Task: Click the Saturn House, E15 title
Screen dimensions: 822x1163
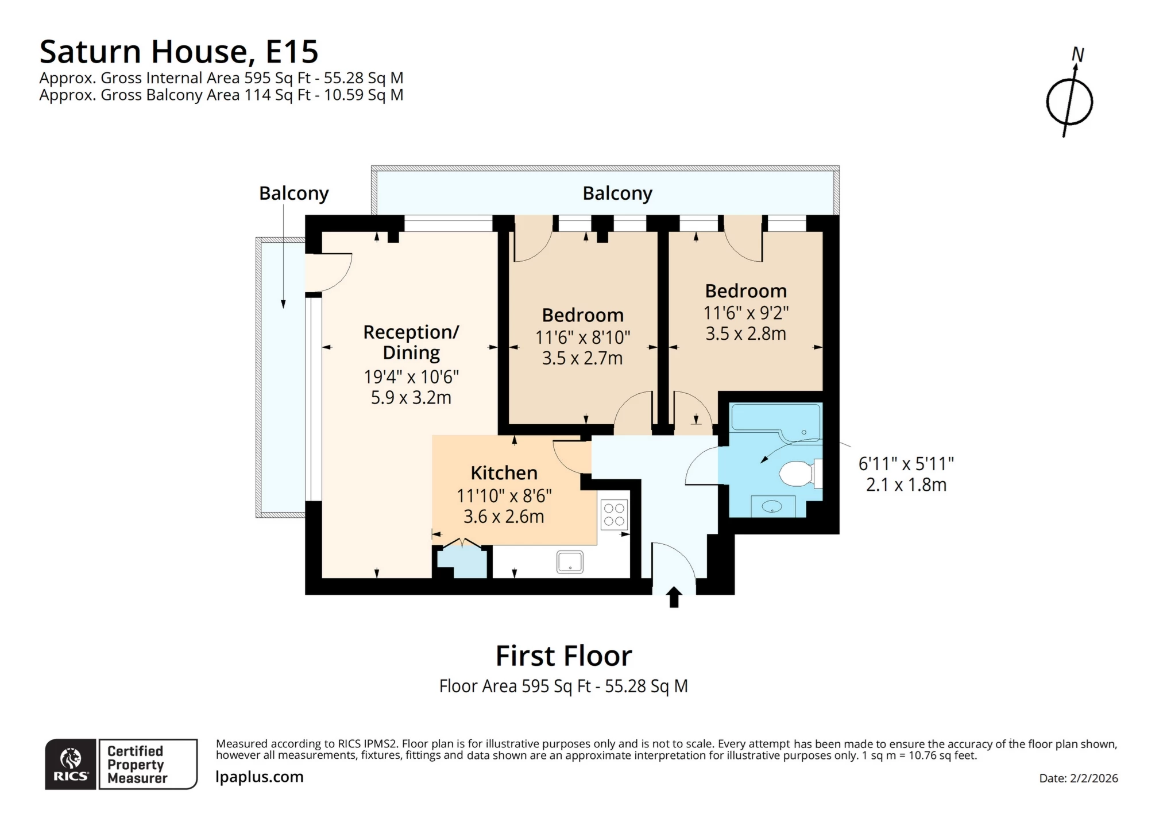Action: pos(179,52)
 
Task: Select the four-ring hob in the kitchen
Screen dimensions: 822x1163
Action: pos(614,514)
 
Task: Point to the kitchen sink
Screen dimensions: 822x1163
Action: pos(570,562)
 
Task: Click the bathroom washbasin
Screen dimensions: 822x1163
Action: pos(772,506)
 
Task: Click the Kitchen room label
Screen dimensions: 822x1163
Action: pos(504,473)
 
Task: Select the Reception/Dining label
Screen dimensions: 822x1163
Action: pos(411,342)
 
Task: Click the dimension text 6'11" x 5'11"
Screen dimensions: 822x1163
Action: pos(906,463)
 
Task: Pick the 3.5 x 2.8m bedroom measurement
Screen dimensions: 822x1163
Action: pos(745,334)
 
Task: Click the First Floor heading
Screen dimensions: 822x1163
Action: pos(563,656)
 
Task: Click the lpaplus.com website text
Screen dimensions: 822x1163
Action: pos(259,777)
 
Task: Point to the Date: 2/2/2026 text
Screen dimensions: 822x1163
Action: pos(1078,778)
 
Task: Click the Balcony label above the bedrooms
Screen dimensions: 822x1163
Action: pos(617,193)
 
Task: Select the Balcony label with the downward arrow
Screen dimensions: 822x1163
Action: pos(293,193)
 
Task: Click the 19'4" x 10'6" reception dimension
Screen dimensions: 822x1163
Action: pos(411,377)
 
